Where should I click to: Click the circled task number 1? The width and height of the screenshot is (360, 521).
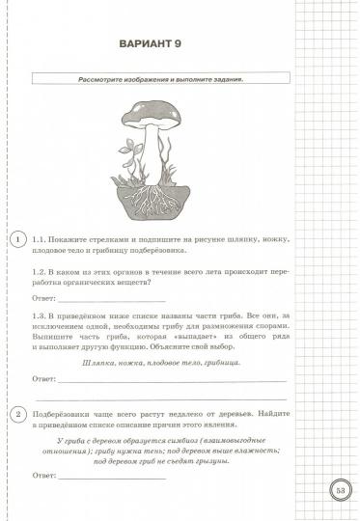(x=14, y=239)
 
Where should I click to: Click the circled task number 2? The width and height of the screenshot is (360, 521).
(x=14, y=414)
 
